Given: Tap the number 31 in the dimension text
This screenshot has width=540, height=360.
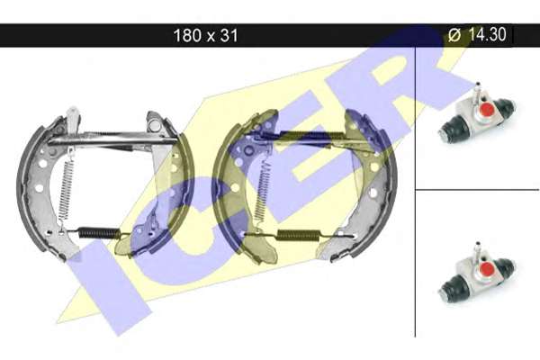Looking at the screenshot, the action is [x=229, y=35].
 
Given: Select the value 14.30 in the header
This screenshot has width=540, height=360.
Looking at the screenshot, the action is [x=487, y=34].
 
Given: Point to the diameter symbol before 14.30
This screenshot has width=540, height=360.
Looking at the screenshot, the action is [x=454, y=35].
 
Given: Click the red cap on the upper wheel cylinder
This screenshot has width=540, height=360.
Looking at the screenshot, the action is [x=487, y=110].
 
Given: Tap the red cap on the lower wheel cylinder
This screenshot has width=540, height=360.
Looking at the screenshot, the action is [x=487, y=268].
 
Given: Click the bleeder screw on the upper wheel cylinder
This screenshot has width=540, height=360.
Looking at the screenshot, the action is [x=478, y=91].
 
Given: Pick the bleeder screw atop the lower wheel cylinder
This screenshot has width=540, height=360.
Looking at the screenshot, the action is [x=478, y=250].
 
